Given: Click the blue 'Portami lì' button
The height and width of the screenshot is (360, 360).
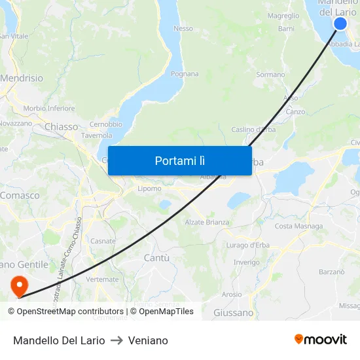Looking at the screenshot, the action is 179,160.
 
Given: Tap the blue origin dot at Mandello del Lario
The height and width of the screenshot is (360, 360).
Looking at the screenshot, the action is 340,24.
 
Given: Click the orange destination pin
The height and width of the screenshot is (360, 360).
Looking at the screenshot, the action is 19,284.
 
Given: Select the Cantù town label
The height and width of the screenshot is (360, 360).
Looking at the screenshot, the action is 156,258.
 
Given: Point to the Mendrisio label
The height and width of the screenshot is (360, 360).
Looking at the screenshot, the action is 22,78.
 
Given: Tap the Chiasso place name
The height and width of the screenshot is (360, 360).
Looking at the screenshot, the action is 62,126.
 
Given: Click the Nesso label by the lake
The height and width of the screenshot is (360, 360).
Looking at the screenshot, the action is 183,28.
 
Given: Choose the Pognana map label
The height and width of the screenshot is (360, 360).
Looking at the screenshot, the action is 185,74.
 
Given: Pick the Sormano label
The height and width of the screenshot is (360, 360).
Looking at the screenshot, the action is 270,75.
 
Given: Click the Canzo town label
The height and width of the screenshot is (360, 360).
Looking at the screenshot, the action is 295,111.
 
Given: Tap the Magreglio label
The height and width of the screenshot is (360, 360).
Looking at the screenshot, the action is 283,16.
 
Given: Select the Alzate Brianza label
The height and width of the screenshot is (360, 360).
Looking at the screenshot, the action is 207,222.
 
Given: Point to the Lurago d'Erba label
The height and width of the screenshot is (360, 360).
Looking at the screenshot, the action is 247,245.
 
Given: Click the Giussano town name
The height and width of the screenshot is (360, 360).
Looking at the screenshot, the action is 233,313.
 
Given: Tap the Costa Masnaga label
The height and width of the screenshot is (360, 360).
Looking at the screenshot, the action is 298,226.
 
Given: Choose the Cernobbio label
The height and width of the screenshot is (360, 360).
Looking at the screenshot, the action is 105,124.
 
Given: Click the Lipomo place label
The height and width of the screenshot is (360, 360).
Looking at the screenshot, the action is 149,189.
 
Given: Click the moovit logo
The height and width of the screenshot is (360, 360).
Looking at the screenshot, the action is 320,339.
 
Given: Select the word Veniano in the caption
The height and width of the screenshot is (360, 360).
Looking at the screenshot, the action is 148,340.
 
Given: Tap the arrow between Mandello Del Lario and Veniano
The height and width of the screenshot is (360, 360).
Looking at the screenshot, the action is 117,340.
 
